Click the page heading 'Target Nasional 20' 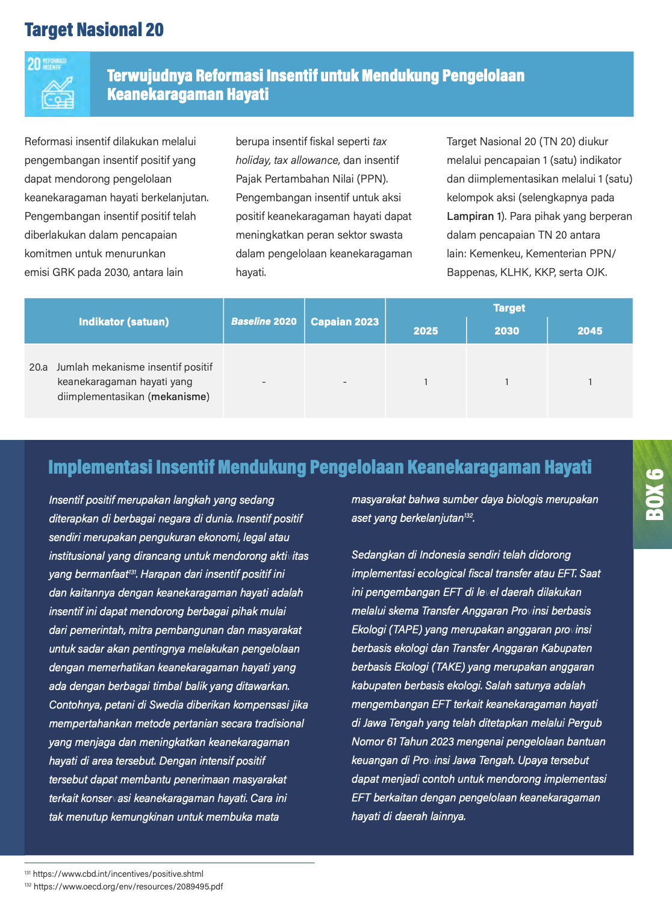tap(94, 30)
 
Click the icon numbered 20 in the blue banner tap(57, 84)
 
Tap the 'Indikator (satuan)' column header tap(123, 322)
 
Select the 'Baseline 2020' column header tap(264, 322)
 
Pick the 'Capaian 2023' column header tap(344, 322)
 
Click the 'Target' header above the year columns tap(509, 308)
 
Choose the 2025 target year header tap(426, 331)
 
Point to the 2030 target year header tap(506, 331)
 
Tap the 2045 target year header tap(590, 331)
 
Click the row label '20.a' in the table tap(38, 367)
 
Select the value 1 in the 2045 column tap(590, 382)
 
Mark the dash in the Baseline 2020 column tap(264, 382)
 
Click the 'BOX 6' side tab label tap(654, 494)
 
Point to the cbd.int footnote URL tap(118, 874)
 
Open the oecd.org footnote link tap(128, 886)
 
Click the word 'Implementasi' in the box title tap(100, 468)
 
